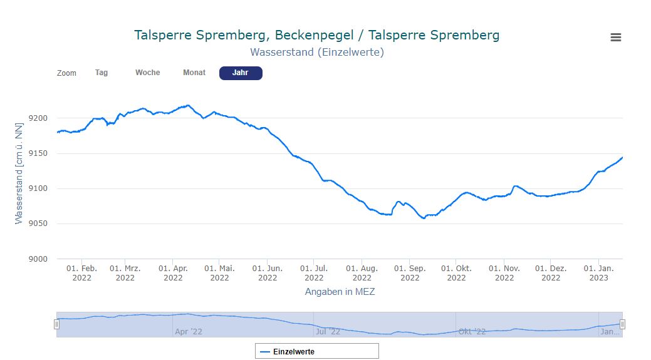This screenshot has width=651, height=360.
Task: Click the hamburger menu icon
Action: coord(615,38)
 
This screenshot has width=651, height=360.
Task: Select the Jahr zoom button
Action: coord(241,73)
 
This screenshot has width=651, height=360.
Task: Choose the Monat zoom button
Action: coord(194,73)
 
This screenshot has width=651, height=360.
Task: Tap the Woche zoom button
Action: coord(148,73)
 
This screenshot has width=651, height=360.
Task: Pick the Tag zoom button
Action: coord(102,73)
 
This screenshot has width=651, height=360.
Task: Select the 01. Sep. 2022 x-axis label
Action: coord(410,273)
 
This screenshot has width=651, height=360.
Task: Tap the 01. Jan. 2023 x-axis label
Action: coord(598,273)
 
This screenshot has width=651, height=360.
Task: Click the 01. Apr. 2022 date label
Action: coord(173,273)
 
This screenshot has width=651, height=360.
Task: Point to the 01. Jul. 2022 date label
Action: coord(314,273)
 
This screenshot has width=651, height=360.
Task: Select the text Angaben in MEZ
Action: coord(340,292)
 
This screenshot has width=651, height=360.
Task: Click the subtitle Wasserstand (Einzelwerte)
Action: coord(316,52)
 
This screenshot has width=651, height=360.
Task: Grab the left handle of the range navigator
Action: coord(56,324)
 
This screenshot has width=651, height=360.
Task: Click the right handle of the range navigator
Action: coord(622,324)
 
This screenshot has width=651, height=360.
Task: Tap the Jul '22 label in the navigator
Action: coord(328,332)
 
